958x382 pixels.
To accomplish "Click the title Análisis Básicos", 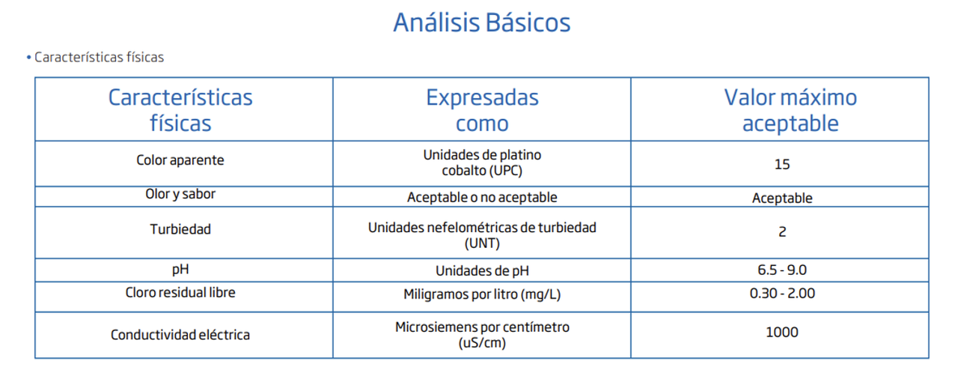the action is coord(482,22).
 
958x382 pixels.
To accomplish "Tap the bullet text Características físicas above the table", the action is coord(99,57).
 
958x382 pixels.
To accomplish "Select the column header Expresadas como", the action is coord(482,110).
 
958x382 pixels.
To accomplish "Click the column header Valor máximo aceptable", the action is coord(790,110).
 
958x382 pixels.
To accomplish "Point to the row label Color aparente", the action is coord(180,160).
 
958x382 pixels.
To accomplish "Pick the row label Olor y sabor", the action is coord(180,194).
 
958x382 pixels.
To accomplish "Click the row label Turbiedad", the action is coord(180,229).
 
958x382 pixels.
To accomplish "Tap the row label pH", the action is coord(180,270).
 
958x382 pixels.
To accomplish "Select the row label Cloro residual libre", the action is coord(180,293).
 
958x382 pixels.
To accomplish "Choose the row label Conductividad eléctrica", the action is coord(180,335).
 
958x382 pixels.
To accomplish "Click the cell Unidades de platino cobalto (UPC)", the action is coord(482,163).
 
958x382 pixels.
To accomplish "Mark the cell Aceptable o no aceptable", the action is coord(482,198).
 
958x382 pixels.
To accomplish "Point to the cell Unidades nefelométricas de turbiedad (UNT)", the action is coord(482,235).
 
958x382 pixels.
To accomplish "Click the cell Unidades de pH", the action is coord(482,270).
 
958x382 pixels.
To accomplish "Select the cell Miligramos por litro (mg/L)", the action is coord(482,294).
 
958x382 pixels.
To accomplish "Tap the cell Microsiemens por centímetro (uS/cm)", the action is coord(482,335).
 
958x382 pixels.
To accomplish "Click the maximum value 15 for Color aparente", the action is coord(782,165).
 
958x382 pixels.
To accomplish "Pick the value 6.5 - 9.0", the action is coord(782,270).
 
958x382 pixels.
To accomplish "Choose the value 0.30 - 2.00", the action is coord(782,294).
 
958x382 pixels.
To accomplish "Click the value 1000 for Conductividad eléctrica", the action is coord(782,333).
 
